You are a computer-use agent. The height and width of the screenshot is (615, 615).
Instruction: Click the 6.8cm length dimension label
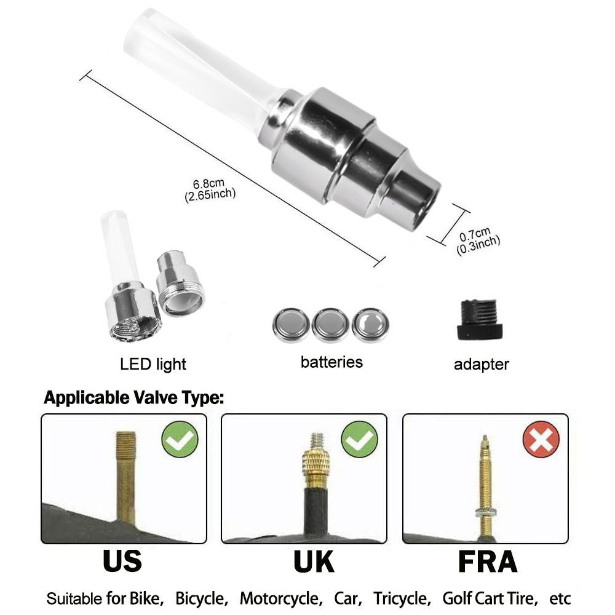pos(210,189)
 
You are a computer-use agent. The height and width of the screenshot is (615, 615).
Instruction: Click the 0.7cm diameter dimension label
pos(478,237)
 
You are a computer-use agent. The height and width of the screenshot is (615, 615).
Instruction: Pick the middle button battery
pos(330,325)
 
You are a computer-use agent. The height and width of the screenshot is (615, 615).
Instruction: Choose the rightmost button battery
pos(370,324)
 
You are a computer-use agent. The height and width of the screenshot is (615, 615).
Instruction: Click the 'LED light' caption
pos(153,364)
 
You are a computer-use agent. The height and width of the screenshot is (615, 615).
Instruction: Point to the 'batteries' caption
pos(331,362)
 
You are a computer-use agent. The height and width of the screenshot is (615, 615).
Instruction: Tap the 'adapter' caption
pos(481,364)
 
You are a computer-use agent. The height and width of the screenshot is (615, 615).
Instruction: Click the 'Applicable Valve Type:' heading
pos(133,398)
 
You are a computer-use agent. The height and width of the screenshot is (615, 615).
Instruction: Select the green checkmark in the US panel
pos(180,439)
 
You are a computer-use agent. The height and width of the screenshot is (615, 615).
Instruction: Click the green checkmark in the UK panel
pos(359,439)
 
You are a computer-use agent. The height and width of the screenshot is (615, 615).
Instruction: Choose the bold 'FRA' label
pos(487,561)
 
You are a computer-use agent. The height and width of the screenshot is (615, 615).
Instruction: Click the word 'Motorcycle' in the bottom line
pos(280,598)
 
